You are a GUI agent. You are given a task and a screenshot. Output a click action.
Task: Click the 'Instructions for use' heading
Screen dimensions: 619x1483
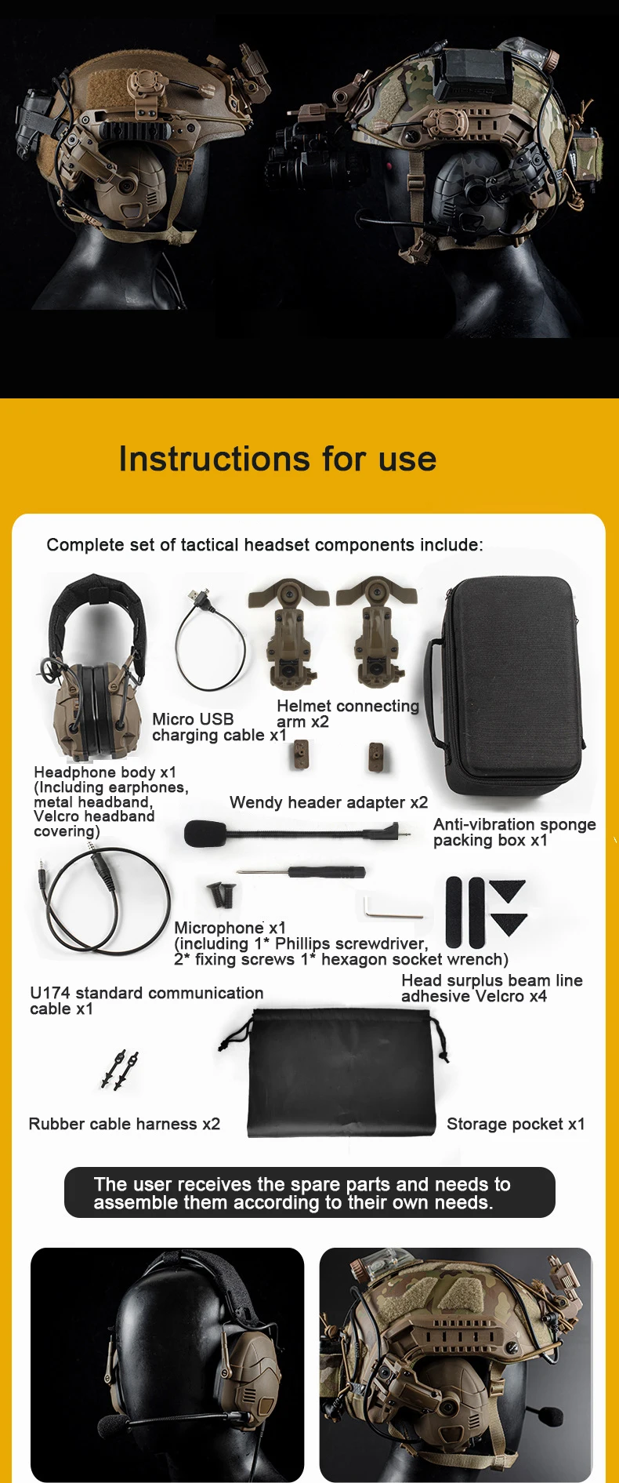click(277, 459)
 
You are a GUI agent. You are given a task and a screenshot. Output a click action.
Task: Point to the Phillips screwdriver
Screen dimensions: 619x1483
click(302, 871)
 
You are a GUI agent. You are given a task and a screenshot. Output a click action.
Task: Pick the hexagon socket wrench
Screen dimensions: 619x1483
click(393, 908)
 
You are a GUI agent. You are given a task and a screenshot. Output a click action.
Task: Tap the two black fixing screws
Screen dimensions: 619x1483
click(222, 895)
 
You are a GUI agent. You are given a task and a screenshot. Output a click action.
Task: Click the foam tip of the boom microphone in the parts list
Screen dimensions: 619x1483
click(205, 834)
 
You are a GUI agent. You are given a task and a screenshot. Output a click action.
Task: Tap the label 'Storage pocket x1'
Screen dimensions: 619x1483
click(516, 1124)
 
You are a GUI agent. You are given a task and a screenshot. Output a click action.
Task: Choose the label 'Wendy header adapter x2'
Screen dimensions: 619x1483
click(329, 802)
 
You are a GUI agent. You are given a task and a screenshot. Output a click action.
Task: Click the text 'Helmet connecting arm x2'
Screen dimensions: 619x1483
click(348, 714)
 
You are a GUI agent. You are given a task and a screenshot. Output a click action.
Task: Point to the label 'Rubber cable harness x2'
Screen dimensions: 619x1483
click(125, 1124)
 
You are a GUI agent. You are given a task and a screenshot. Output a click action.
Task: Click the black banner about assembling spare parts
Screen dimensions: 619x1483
click(309, 1193)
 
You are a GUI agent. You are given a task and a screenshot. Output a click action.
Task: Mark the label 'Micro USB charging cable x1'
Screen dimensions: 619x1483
click(219, 727)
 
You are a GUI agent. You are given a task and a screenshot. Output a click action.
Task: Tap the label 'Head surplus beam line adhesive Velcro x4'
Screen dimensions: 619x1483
click(492, 988)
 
